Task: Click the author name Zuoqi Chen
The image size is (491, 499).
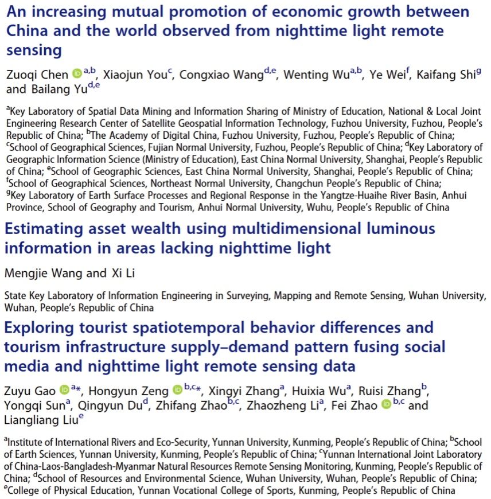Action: [x=37, y=75]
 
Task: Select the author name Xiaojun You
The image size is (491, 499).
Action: [x=135, y=75]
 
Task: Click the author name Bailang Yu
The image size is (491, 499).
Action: [x=58, y=89]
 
